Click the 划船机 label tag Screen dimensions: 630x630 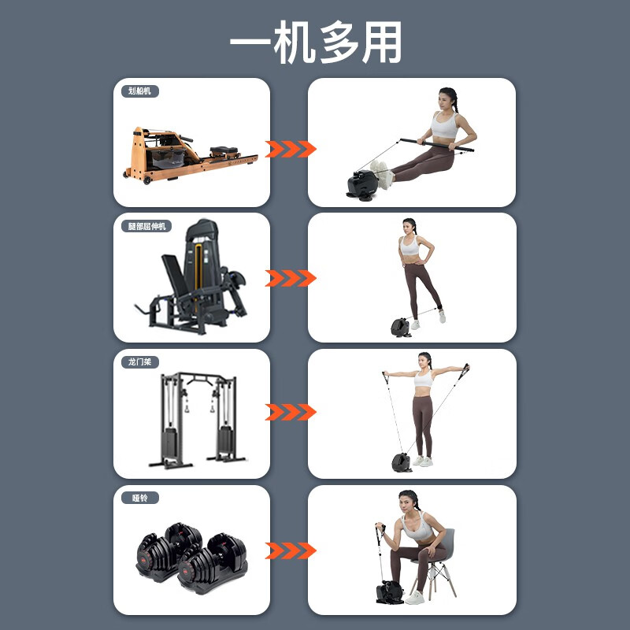(139, 91)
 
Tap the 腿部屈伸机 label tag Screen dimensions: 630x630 (149, 226)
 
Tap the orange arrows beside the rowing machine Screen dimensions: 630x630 (291, 149)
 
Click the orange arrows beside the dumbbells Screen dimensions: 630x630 (291, 549)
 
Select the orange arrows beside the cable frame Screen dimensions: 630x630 (291, 412)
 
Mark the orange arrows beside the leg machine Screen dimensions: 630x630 (291, 278)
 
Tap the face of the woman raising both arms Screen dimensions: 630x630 (425, 361)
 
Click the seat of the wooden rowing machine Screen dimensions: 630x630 (221, 150)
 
